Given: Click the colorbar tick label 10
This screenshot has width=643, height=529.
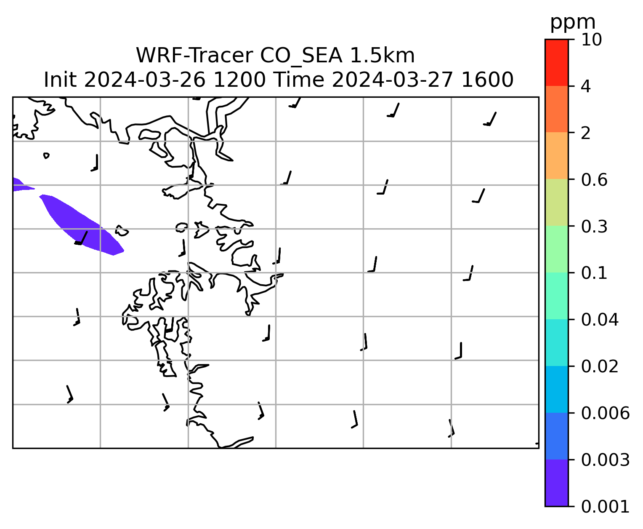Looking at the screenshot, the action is click(591, 40).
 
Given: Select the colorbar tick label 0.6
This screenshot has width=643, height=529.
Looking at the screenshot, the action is click(594, 180).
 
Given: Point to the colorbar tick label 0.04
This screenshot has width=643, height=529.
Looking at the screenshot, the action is click(599, 320).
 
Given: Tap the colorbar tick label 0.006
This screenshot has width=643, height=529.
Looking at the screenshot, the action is click(605, 413).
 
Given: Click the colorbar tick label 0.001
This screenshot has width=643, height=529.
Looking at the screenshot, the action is click(605, 507).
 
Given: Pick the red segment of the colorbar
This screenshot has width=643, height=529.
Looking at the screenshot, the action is click(556, 62).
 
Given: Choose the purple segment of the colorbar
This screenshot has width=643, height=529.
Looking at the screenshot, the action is click(556, 483).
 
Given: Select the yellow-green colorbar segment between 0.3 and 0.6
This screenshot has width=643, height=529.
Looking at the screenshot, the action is click(556, 202).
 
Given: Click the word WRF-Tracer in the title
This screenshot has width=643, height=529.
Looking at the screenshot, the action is click(194, 56).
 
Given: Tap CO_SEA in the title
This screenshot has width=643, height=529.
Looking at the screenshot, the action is click(301, 56).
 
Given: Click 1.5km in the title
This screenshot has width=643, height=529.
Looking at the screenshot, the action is click(383, 56).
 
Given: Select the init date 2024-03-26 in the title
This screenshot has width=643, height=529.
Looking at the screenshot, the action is click(144, 80).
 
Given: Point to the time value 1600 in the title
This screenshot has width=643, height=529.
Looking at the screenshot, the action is click(487, 80).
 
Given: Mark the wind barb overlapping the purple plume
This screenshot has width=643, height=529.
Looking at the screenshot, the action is click(81, 238).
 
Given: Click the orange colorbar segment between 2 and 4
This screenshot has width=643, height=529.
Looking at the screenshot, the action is click(556, 109).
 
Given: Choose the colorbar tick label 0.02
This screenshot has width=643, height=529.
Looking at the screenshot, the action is click(599, 366).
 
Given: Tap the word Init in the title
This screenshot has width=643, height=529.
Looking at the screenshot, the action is click(60, 80).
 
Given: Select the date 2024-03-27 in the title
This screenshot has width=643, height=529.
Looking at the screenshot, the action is click(392, 80).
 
